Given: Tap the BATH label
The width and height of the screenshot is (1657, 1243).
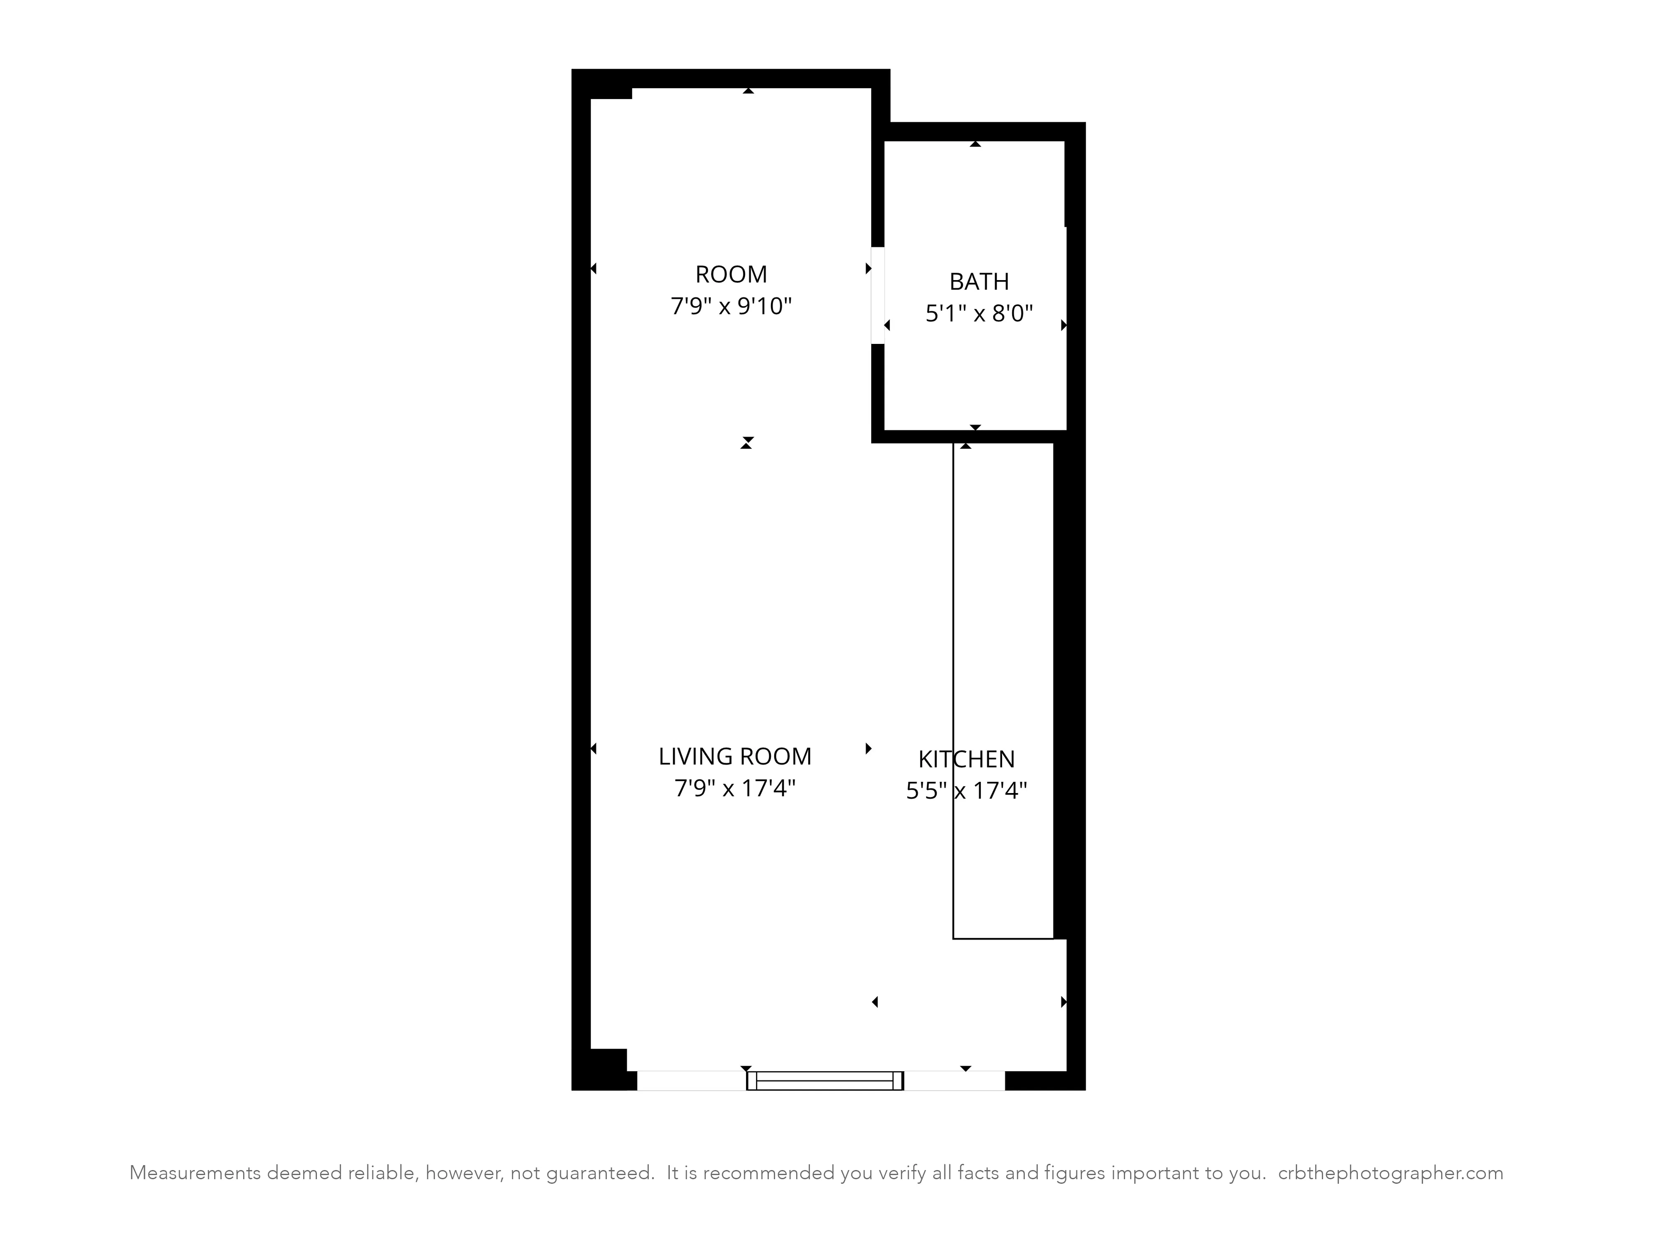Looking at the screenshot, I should (978, 282).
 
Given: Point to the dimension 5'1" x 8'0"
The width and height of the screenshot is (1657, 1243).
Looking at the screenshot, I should (978, 313).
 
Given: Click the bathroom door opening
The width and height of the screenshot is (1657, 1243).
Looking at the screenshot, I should (877, 295).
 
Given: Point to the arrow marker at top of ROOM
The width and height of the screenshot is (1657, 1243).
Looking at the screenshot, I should (748, 91).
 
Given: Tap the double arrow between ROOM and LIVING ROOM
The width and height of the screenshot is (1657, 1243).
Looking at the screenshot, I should (746, 443).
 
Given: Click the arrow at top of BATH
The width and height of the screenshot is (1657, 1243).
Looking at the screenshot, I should (975, 143).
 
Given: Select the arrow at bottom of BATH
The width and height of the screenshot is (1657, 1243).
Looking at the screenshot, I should (975, 427).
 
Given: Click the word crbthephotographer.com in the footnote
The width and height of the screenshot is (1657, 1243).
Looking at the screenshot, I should (1390, 1173).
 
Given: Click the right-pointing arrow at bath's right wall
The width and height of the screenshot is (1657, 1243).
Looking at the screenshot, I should (1063, 325).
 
